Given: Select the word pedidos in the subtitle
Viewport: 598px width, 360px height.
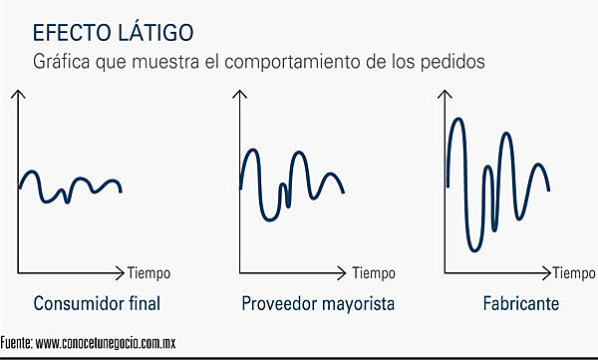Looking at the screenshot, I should click(455, 61).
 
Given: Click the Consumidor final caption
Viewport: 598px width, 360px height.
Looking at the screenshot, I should click(97, 303).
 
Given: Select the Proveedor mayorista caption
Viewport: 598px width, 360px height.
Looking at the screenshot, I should click(318, 303).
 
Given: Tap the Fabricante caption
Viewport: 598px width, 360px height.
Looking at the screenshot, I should click(519, 303).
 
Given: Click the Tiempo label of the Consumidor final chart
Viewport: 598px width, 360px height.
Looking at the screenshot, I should click(149, 272).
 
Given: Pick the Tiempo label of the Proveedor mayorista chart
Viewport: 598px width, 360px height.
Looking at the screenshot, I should click(374, 272).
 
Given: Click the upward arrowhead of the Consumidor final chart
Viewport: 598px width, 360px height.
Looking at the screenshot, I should click(18, 95).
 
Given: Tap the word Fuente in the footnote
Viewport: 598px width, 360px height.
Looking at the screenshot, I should click(15, 343).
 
